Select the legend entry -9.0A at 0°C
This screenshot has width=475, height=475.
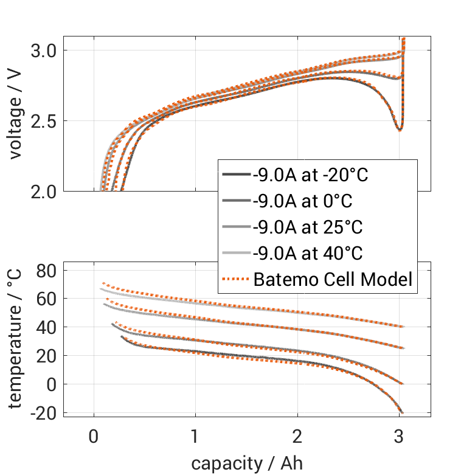click(x=302, y=201)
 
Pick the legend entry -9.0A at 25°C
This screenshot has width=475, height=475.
click(x=307, y=227)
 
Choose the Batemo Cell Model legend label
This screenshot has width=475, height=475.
click(x=333, y=280)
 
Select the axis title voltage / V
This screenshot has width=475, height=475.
click(x=16, y=115)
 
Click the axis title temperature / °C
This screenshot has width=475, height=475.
click(x=16, y=338)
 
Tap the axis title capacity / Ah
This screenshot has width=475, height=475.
click(x=246, y=463)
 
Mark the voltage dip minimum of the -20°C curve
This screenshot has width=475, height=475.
click(x=399, y=130)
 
